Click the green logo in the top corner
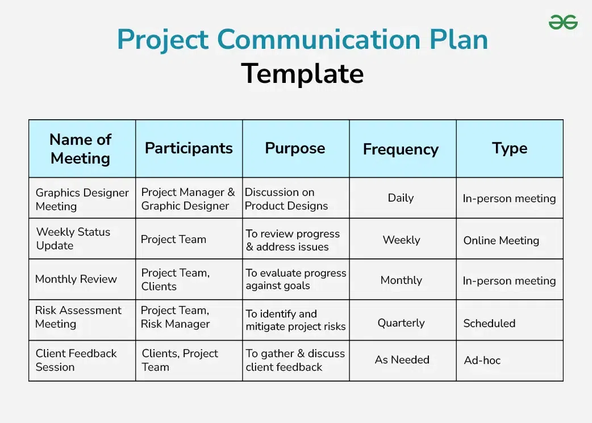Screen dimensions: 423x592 tap(563, 22)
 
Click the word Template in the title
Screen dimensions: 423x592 tap(302, 73)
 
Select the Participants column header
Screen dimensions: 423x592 tap(189, 148)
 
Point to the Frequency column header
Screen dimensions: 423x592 tap(401, 149)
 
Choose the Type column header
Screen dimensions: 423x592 tap(510, 148)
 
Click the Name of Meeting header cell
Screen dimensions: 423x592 tap(81, 149)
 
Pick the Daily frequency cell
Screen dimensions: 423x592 tap(401, 198)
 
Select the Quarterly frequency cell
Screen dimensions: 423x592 tap(401, 323)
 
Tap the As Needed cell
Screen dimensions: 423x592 tap(402, 359)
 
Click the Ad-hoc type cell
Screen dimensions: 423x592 tap(482, 360)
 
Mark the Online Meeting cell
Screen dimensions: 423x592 tap(501, 240)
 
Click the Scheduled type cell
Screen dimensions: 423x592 tap(489, 323)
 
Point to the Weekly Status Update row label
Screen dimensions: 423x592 tap(73, 238)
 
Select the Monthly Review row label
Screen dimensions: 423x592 tap(76, 279)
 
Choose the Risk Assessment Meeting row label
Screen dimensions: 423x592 tap(78, 317)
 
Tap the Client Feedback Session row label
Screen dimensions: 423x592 tap(76, 360)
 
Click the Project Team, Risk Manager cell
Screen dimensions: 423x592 tap(176, 317)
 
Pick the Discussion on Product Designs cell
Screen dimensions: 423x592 tap(286, 199)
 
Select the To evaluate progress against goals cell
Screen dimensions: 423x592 tap(295, 279)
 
